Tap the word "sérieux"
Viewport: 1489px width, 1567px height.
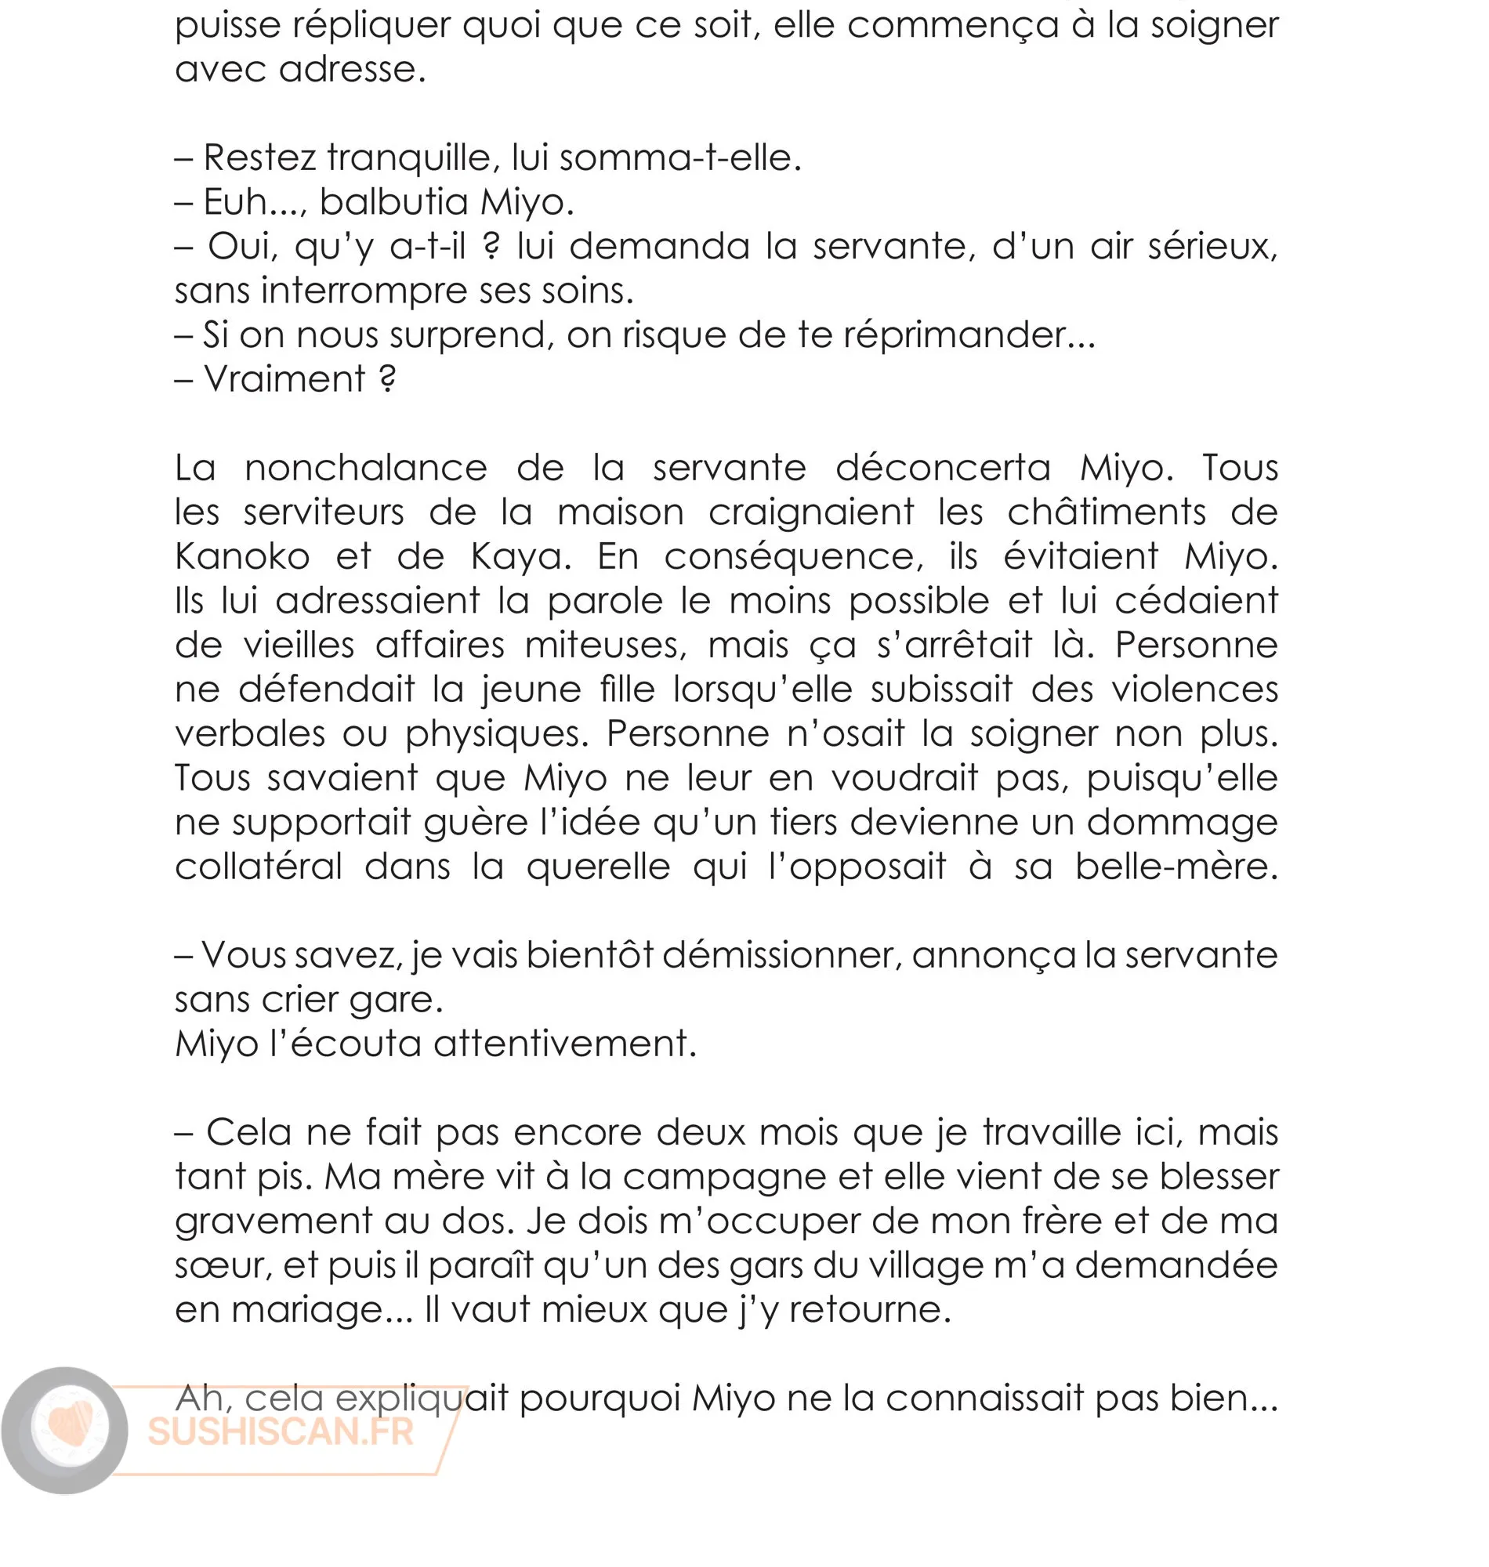click(1212, 247)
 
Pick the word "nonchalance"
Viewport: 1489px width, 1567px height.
click(366, 468)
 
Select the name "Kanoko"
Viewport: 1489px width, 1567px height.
click(242, 556)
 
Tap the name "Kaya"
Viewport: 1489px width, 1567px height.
click(520, 556)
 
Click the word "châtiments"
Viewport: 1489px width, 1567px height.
click(1107, 512)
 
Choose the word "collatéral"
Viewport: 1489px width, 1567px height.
click(259, 867)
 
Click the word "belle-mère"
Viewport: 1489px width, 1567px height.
click(1176, 867)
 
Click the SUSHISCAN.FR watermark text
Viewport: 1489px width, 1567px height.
click(281, 1432)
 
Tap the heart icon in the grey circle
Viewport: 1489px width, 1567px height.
click(69, 1426)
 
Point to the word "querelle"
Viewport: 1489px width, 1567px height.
click(599, 867)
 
